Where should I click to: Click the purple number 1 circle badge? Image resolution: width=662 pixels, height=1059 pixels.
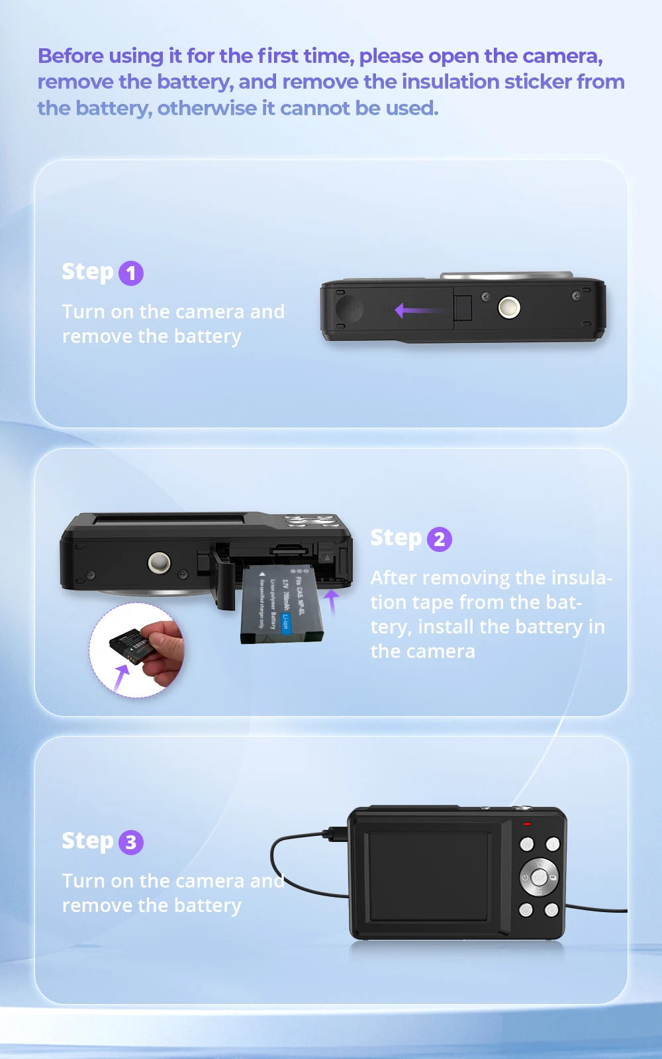(x=131, y=273)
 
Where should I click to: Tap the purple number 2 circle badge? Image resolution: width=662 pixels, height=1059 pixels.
(x=440, y=539)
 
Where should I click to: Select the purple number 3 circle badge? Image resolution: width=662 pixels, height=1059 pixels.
(x=131, y=842)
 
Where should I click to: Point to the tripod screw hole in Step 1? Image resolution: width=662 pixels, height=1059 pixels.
(x=508, y=307)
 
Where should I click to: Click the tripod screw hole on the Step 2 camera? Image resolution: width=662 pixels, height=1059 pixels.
(x=159, y=563)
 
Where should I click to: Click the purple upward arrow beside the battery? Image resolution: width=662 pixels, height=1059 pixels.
(x=332, y=601)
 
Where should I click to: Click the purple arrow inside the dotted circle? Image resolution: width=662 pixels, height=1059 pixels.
(x=120, y=678)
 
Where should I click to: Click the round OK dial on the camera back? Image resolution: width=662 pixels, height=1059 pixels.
(x=539, y=878)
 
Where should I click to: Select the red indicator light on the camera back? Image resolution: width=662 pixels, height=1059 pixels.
(x=527, y=824)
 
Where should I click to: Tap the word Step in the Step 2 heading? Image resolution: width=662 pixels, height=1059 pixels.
(x=395, y=537)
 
